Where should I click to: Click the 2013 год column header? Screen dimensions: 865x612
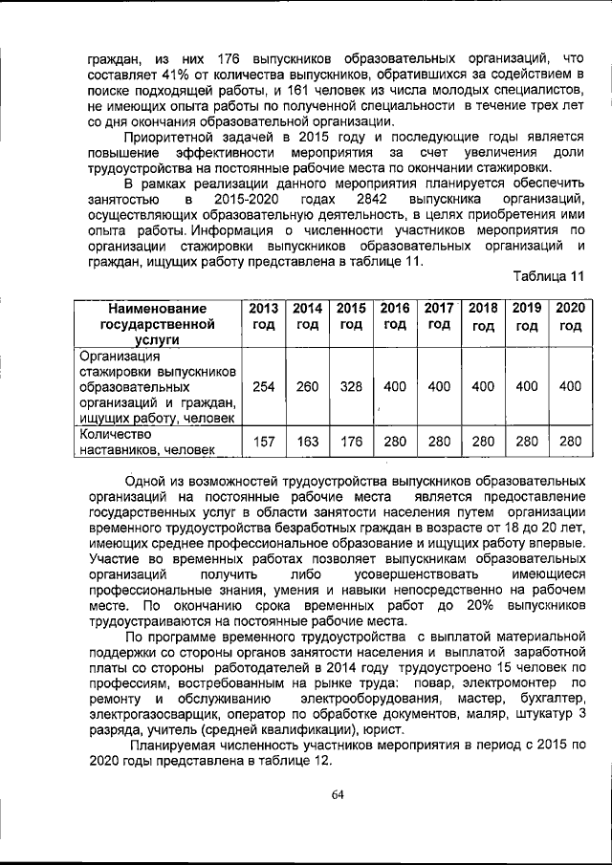point(264,316)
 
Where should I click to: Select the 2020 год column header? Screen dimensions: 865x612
point(571,316)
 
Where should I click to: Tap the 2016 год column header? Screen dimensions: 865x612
point(395,316)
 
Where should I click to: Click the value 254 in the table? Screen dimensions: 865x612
point(264,387)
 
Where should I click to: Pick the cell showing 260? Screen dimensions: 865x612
point(308,387)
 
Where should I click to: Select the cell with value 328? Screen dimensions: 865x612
point(352,387)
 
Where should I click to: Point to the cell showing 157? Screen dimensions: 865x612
point(264,441)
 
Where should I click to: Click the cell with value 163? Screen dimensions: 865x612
point(308,441)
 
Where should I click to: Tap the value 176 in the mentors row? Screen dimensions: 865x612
point(352,441)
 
